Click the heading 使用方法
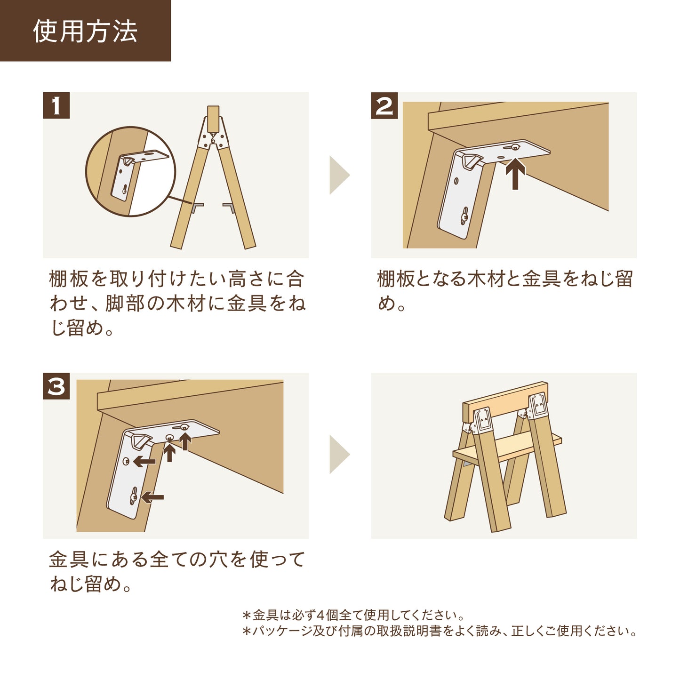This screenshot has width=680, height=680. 85,32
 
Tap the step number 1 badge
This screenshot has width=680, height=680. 56,105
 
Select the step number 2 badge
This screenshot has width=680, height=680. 384,105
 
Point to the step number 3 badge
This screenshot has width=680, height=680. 56,386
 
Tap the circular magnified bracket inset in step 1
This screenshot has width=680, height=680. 130,171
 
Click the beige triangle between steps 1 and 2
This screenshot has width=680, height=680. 339,175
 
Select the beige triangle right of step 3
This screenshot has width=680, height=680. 339,455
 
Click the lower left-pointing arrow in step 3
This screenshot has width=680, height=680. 152,497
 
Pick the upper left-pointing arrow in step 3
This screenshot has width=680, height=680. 144,461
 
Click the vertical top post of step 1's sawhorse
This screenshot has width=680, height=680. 213,119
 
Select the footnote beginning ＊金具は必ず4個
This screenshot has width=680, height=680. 353,615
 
